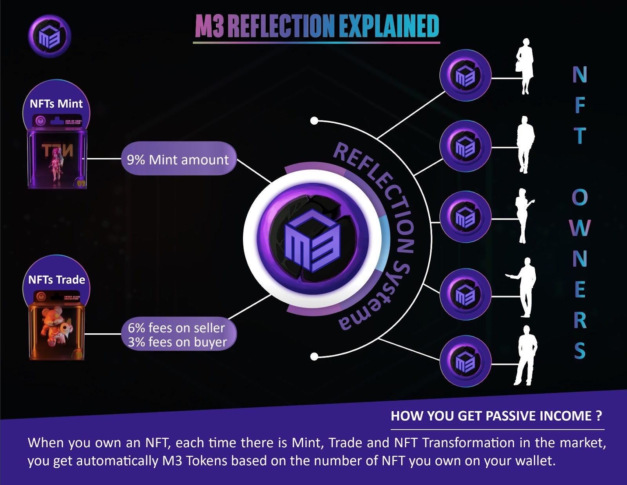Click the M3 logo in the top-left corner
coord(49,36)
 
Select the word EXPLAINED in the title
coord(388,26)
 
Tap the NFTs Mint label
coord(56,104)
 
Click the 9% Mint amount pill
coord(178,159)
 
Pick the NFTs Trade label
coord(56,280)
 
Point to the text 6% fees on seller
coord(176,327)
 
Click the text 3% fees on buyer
coord(177,342)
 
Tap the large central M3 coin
coord(312,239)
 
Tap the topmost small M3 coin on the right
coord(465,75)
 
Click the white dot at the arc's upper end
coord(314,121)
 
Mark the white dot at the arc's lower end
coord(314,356)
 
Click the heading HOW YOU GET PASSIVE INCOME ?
coord(496,416)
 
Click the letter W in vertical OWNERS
coord(580,228)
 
